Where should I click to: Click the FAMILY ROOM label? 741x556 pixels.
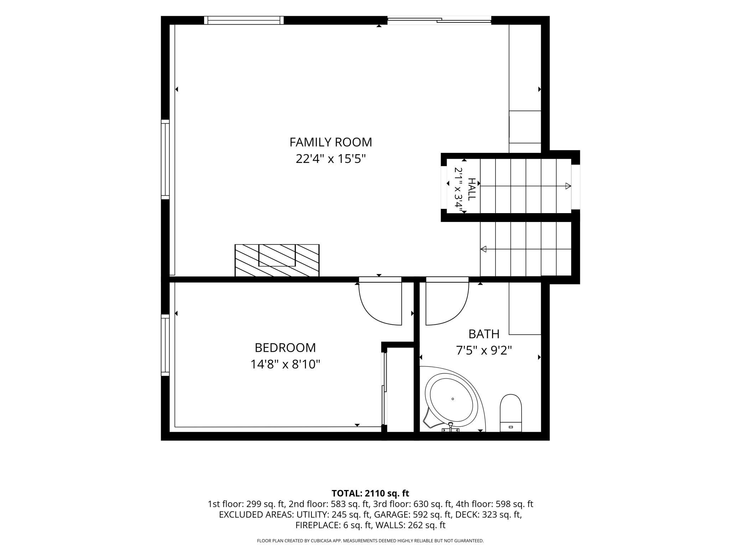click(331, 142)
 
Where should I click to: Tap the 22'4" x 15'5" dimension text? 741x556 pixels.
click(331, 159)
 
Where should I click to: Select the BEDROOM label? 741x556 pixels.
click(285, 347)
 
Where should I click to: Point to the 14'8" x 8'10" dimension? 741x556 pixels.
click(285, 364)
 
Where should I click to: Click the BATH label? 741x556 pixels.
click(484, 334)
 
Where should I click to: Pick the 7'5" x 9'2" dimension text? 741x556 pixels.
click(484, 351)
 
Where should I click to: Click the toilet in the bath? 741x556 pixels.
click(511, 413)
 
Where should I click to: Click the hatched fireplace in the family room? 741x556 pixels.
click(277, 260)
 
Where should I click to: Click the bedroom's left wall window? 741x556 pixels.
click(165, 345)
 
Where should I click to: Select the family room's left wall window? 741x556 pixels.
click(165, 159)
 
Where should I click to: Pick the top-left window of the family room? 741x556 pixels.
click(244, 20)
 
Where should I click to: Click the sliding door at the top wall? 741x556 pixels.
click(439, 20)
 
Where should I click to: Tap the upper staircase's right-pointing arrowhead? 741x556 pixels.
click(568, 186)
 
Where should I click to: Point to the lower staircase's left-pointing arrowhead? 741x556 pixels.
click(483, 249)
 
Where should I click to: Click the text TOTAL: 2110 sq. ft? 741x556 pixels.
click(370, 493)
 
